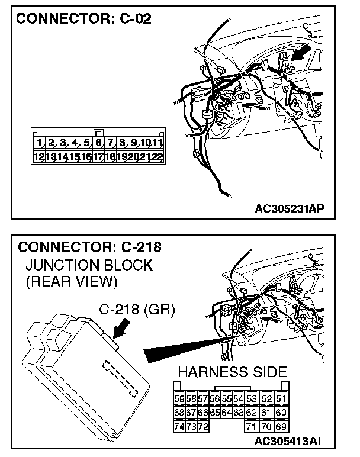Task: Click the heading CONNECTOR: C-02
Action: click(83, 19)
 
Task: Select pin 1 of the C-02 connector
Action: click(40, 143)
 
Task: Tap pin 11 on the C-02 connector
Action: click(157, 143)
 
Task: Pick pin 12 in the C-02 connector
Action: click(40, 157)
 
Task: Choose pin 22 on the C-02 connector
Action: click(157, 157)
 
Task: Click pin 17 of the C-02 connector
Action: click(98, 157)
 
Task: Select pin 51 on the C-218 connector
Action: click(281, 400)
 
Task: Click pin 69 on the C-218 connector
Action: click(281, 426)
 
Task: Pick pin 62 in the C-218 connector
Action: click(251, 413)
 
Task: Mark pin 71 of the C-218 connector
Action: click(251, 426)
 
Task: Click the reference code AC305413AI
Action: click(288, 441)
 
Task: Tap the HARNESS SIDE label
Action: click(232, 372)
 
